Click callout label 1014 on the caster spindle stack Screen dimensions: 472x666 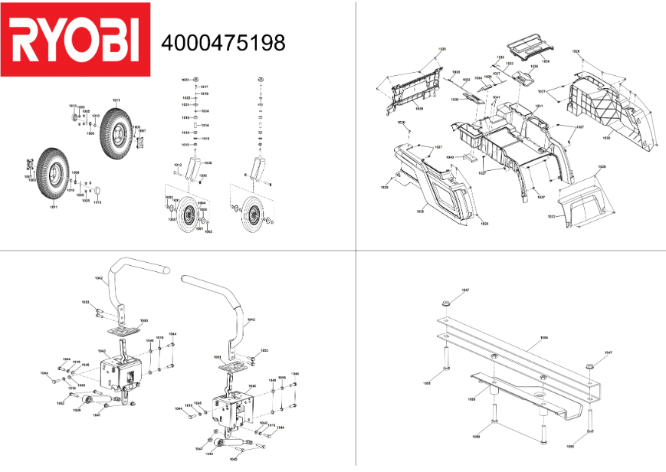click(205, 125)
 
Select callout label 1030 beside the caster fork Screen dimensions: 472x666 click(208, 163)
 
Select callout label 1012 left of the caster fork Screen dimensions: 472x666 click(177, 165)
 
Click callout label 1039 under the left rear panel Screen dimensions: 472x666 click(418, 109)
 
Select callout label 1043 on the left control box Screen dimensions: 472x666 click(101, 351)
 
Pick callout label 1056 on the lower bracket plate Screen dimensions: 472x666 click(472, 399)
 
